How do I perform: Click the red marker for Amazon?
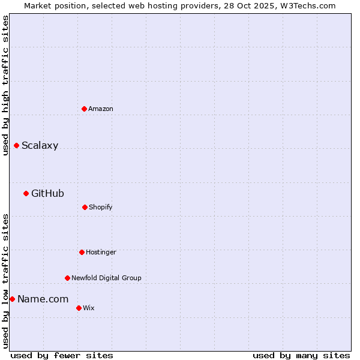[x=84, y=109]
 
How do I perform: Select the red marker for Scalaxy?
[x=16, y=145]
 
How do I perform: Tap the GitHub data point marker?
[x=26, y=193]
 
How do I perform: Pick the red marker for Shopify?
[x=85, y=207]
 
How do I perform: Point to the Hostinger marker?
[x=82, y=252]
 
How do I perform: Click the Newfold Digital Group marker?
[x=67, y=278]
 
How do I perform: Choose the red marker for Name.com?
[x=12, y=299]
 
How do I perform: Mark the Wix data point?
[x=79, y=308]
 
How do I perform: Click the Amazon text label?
[x=101, y=109]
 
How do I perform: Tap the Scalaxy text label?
[x=40, y=145]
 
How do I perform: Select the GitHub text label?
[x=47, y=193]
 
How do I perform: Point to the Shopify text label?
[x=101, y=207]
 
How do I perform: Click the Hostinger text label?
[x=101, y=252]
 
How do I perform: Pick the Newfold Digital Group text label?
[x=106, y=278]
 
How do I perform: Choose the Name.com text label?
[x=43, y=299]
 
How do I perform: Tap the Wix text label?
[x=89, y=308]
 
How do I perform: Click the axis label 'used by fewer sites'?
[x=62, y=355]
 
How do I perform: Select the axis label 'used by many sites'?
[x=301, y=355]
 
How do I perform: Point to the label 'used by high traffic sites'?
[x=5, y=85]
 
